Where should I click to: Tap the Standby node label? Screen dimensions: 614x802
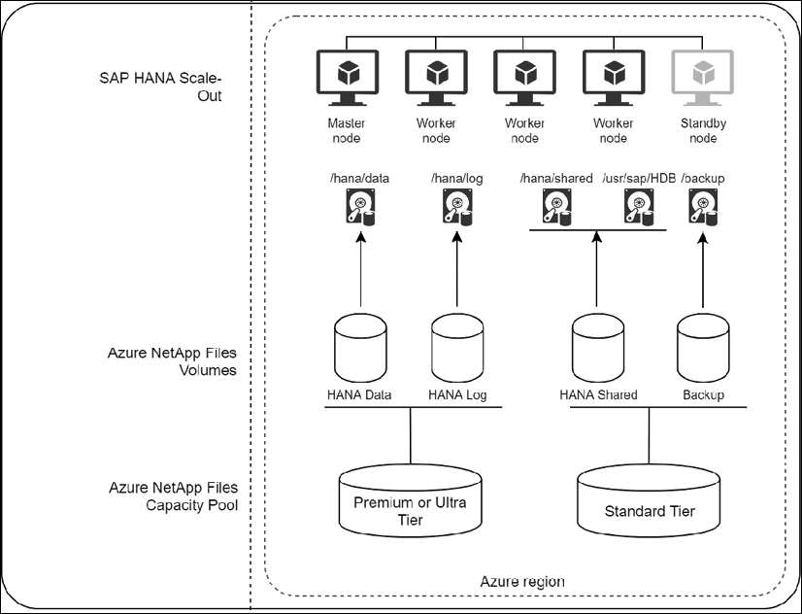[703, 131]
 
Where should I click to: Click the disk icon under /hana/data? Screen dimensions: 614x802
[360, 206]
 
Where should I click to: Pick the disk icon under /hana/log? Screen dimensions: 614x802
[458, 206]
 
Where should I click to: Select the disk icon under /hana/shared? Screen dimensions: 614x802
[556, 206]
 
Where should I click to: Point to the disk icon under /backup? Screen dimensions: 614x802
[703, 206]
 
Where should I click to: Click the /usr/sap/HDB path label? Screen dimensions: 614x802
[638, 179]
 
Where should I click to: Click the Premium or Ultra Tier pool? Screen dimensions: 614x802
[410, 503]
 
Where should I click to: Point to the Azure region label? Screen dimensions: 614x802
[522, 581]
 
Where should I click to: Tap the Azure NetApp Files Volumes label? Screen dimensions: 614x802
[172, 361]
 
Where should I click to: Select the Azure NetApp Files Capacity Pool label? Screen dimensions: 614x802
[172, 495]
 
